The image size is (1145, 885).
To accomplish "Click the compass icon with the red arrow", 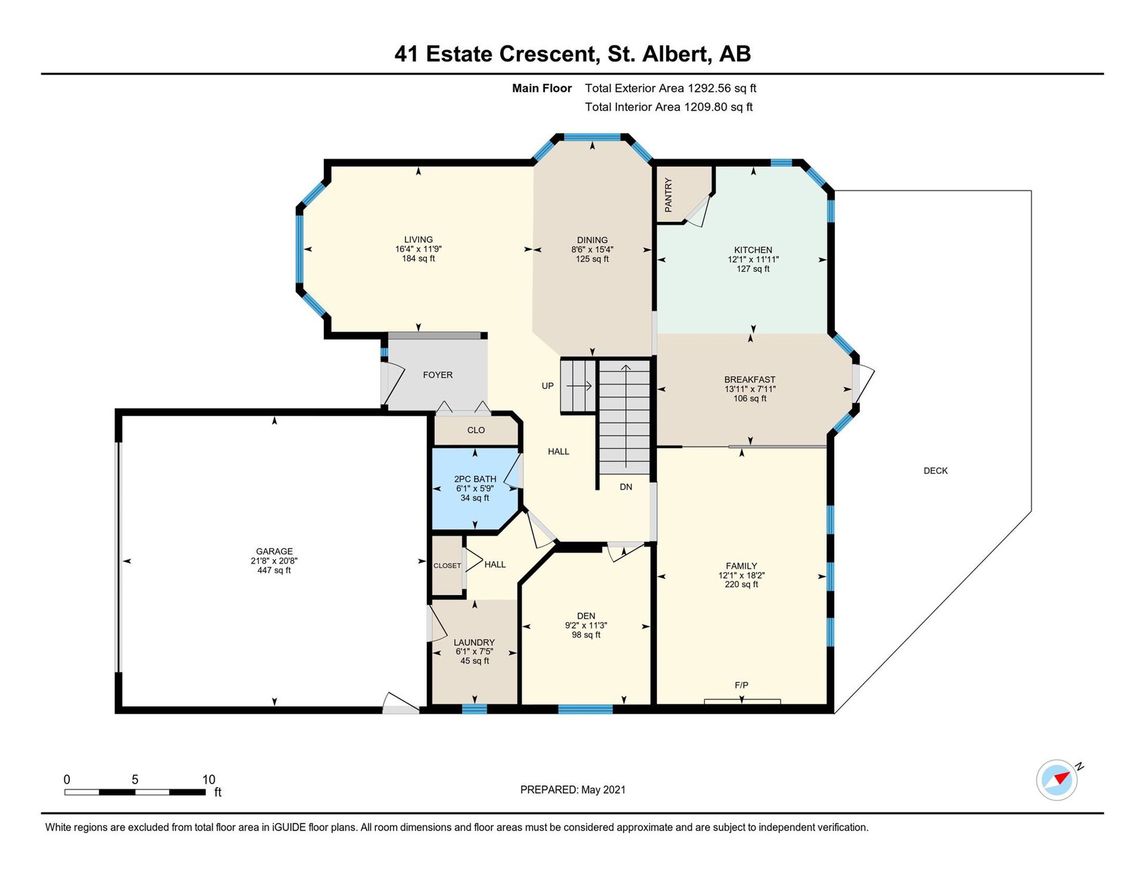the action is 1057,779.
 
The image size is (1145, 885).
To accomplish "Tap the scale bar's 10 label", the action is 209,779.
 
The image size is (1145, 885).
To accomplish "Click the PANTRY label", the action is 669,194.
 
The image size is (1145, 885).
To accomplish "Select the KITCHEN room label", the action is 753,250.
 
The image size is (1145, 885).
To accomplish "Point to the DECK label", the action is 936,471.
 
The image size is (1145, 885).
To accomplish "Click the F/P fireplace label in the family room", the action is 741,685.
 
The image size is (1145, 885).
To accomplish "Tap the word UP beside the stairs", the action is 547,386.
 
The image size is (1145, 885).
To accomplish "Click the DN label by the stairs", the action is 626,487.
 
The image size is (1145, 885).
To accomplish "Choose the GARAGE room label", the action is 274,552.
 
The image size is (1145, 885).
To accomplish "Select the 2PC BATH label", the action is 475,479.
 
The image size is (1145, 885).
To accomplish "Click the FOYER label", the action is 438,375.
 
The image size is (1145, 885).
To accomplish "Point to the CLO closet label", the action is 476,430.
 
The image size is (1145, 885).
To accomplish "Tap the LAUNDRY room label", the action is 474,642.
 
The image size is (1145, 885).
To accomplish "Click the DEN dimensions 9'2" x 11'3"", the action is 586,626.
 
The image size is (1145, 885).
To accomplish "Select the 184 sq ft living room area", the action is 419,259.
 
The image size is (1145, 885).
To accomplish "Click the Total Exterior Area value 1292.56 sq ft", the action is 722,88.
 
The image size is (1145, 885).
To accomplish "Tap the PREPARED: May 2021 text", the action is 573,790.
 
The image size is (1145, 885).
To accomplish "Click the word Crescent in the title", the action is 549,54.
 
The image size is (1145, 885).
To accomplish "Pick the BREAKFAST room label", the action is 750,379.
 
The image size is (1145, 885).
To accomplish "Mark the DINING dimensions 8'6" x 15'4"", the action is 592,250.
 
